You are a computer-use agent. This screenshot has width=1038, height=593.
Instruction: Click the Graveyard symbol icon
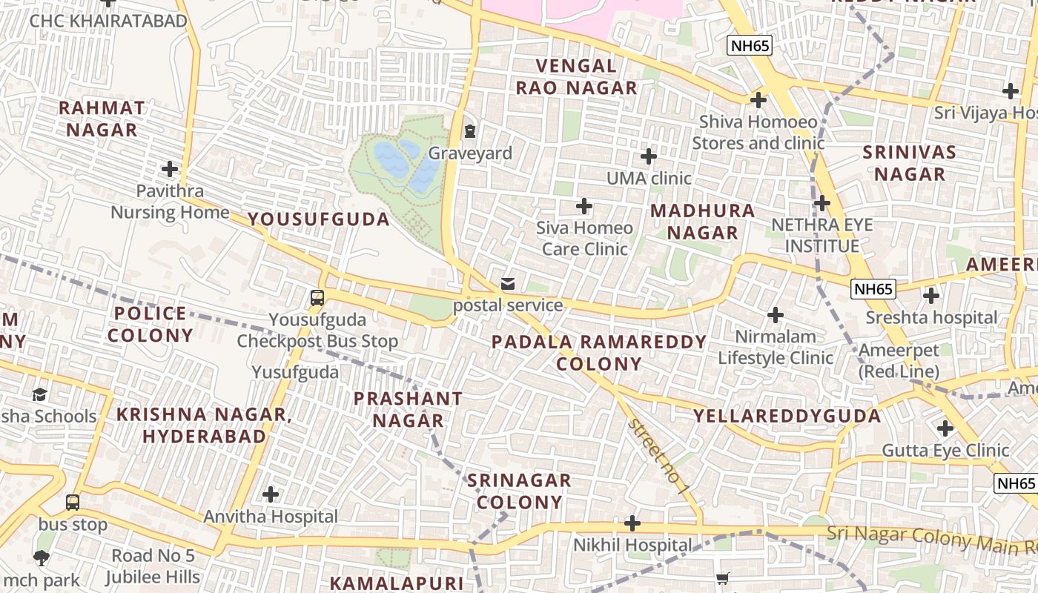coord(469,131)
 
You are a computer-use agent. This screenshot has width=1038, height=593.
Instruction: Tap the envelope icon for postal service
coord(508,283)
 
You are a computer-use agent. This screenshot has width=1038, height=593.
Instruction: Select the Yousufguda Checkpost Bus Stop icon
coord(317,298)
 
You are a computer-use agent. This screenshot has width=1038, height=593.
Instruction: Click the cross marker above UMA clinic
coord(649,156)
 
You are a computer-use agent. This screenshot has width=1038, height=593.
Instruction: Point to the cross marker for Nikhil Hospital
coord(632,524)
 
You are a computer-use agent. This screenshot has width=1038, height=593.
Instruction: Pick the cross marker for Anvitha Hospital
coord(271,494)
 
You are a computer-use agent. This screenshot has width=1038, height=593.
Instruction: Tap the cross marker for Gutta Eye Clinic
coord(945,428)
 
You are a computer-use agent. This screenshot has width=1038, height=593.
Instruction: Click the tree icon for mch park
coord(42,557)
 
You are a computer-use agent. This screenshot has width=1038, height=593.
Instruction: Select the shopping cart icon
coord(723,578)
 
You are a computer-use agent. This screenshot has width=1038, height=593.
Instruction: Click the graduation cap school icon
coord(39,394)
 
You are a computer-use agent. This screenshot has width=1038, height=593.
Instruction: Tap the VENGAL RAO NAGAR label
coord(576,77)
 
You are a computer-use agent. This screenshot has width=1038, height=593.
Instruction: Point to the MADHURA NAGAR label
coord(703,222)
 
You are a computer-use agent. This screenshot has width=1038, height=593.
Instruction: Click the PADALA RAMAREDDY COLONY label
coord(599,353)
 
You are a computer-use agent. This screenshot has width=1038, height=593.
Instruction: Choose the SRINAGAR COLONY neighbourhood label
coord(519,491)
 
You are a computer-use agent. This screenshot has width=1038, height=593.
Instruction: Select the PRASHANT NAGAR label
coord(408,410)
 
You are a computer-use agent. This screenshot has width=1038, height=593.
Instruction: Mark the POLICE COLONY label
coord(151,325)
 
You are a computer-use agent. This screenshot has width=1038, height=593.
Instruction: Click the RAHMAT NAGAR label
coord(102,119)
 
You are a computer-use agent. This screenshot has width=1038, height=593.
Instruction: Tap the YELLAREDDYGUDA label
coord(787,416)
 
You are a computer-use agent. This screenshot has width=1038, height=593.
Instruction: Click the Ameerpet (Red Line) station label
coord(899,360)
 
